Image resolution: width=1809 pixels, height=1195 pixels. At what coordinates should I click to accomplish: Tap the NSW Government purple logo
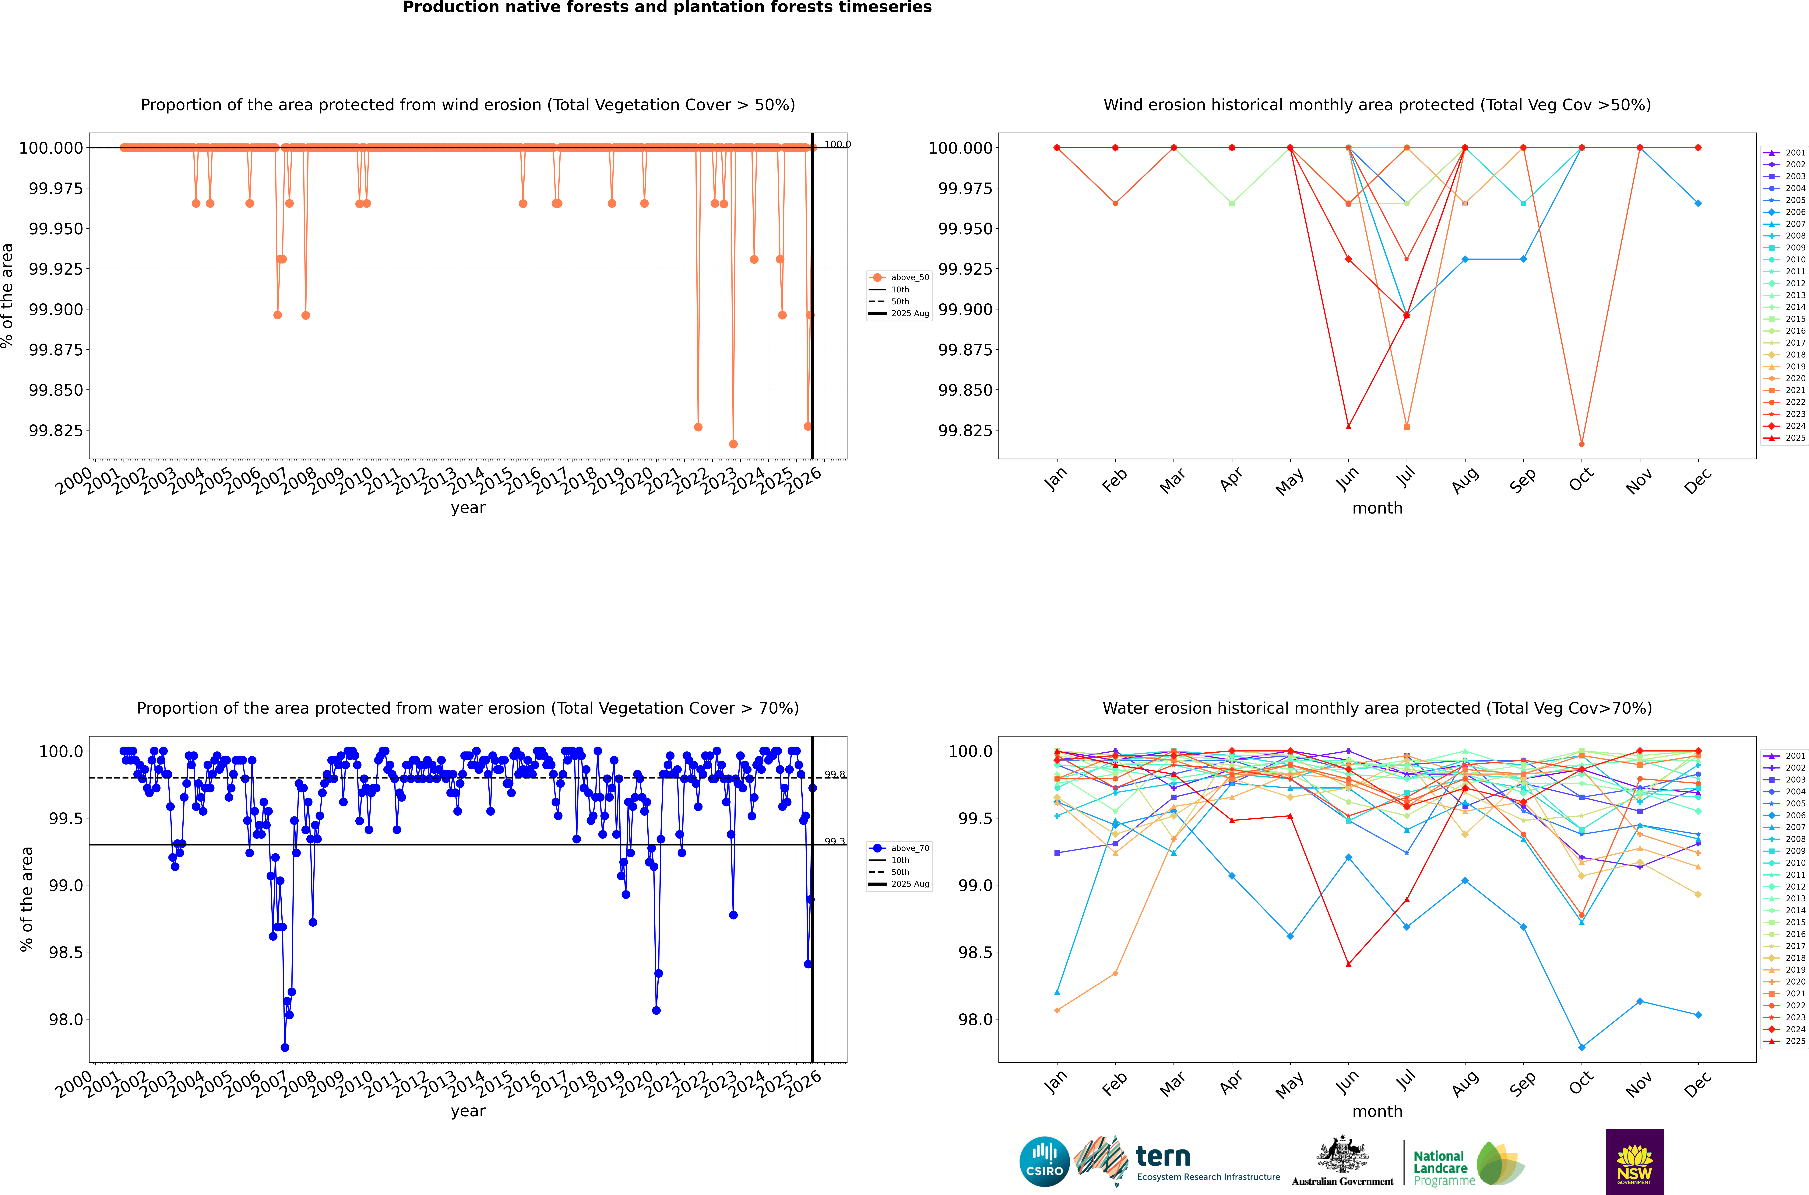point(1635,1162)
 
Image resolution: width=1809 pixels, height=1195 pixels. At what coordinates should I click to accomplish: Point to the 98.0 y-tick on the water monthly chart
point(973,1020)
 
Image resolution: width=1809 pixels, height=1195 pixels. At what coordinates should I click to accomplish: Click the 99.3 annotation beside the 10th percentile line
point(835,841)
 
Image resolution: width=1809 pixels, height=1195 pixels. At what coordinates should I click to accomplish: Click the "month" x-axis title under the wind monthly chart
point(1377,508)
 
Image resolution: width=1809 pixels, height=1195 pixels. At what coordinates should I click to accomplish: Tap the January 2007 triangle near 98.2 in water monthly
point(1057,992)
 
